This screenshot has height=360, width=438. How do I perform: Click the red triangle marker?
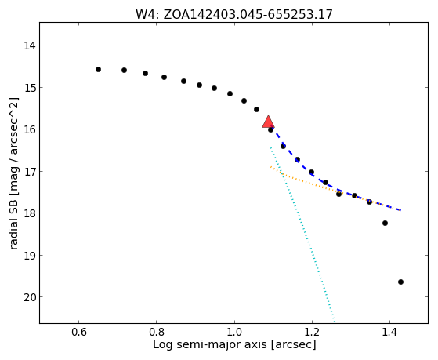point(268,122)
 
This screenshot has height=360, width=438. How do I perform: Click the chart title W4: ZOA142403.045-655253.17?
point(234,15)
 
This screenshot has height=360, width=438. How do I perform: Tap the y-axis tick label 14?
point(30,45)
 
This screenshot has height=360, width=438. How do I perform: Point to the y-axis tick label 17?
point(30,171)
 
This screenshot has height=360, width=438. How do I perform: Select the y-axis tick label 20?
point(30,297)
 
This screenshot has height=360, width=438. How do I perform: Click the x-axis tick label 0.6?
point(78,332)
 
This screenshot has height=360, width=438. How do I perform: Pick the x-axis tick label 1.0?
point(234,332)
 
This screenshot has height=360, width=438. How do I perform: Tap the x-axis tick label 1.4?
point(389,332)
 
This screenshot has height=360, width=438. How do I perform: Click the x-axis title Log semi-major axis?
point(209,344)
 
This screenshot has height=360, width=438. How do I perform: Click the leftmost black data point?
point(98,69)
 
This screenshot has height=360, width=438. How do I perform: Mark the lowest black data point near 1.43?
point(400,282)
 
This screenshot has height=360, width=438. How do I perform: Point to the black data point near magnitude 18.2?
point(385,224)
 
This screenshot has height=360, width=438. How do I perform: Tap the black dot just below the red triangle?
point(270,129)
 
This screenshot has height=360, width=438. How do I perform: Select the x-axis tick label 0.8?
point(156,332)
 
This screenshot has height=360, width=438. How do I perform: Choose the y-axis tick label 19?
point(30,256)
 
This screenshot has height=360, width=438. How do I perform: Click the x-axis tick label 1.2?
point(312,332)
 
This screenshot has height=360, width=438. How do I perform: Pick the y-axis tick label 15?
point(30,88)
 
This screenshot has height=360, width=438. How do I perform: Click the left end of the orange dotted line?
point(270,167)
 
